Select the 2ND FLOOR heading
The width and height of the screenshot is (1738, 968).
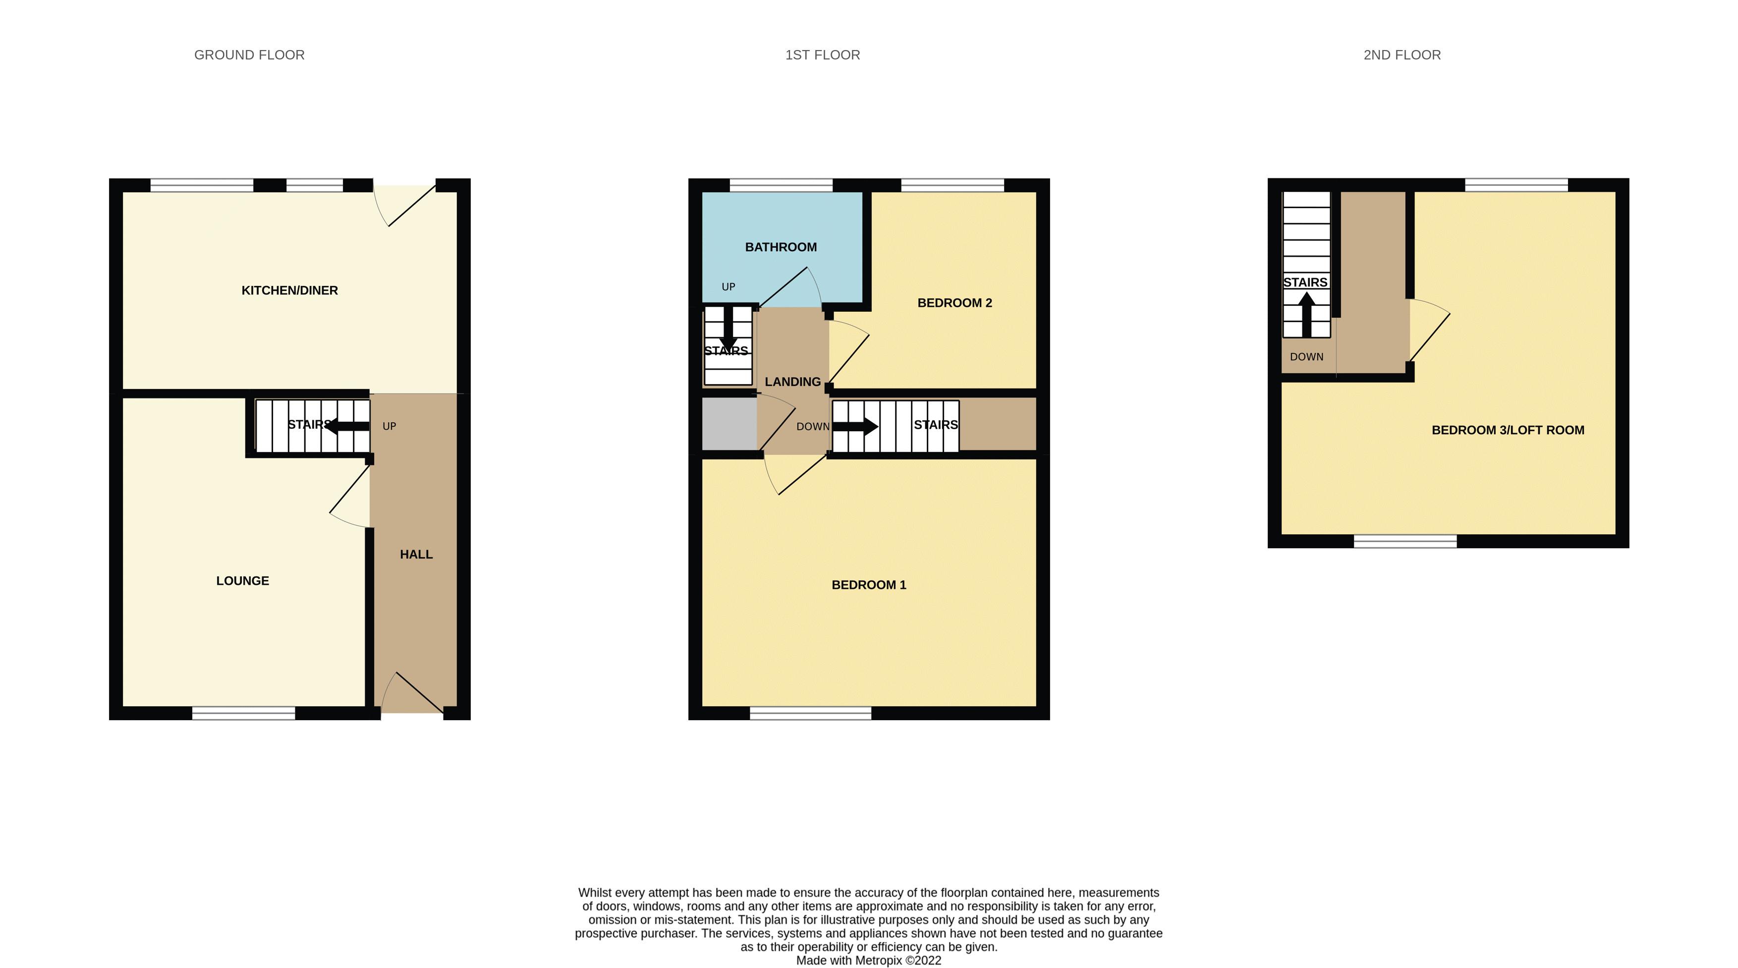(1402, 55)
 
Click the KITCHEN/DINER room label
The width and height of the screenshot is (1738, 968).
(289, 290)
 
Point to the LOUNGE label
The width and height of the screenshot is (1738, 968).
(242, 581)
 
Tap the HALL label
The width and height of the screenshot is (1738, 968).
(416, 555)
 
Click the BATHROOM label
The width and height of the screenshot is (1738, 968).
(781, 247)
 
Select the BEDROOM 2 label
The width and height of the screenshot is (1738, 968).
(954, 303)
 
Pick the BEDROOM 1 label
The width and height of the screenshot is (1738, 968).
(868, 585)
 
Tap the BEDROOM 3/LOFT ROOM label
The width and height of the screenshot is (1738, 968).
(1507, 430)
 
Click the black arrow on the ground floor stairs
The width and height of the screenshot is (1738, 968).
(347, 426)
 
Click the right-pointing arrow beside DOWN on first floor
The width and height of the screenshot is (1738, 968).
(855, 426)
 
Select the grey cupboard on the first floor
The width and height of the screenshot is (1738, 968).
(729, 424)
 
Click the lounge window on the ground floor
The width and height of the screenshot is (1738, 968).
(243, 713)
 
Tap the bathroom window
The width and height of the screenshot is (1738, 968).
(781, 185)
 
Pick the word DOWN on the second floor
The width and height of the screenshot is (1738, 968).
(1306, 357)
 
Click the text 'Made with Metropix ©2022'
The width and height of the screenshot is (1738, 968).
(868, 961)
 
